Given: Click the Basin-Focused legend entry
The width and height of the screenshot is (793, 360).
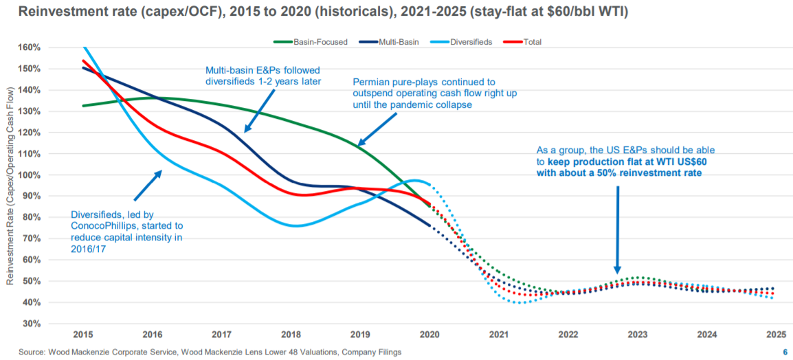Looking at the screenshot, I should coord(316,42).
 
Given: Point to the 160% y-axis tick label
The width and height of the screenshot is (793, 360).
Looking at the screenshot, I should coord(30,47).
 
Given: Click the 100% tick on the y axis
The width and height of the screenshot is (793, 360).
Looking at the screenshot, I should coord(30,175).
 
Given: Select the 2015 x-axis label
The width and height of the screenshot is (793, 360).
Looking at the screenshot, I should coord(82,335).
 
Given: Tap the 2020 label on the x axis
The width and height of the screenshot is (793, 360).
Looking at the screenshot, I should coord(429,335).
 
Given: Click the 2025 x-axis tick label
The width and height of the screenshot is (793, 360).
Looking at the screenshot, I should coord(775,335).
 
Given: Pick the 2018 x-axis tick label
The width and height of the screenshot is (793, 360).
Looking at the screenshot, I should coord(291,335).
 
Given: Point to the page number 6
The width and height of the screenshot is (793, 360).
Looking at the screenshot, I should coord(785,352).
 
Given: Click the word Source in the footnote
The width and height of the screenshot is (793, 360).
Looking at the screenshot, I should coord(19,352).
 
